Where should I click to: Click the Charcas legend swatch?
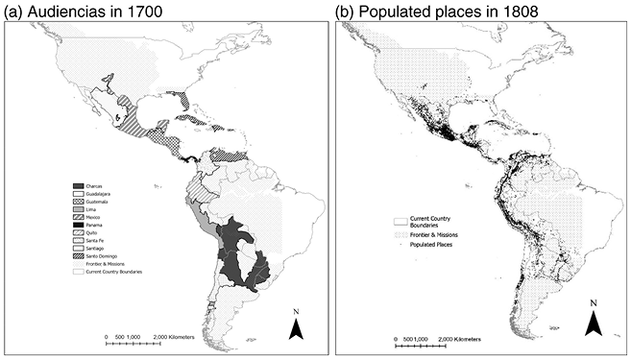coord(78,185)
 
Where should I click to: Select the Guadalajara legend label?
coord(103,193)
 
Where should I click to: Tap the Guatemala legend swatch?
coord(78,202)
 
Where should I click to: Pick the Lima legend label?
coord(94,209)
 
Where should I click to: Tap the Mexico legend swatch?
coord(78,217)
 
